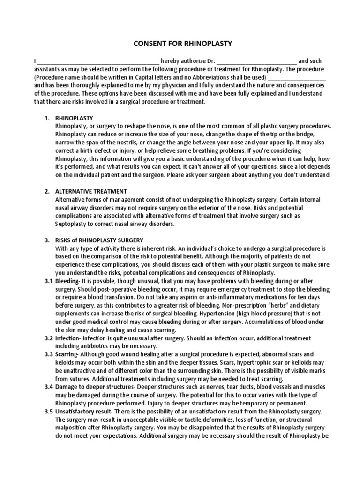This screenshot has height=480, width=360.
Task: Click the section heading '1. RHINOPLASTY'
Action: pos(74,118)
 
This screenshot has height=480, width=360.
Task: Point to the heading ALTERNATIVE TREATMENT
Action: pos(91,191)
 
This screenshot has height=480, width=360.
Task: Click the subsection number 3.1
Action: pos(49,281)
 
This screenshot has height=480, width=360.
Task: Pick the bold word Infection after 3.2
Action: pos(68,338)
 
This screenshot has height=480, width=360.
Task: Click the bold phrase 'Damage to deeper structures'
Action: pos(95,386)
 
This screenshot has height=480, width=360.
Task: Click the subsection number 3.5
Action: pos(49,411)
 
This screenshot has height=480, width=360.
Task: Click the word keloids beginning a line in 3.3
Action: pos(66,362)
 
